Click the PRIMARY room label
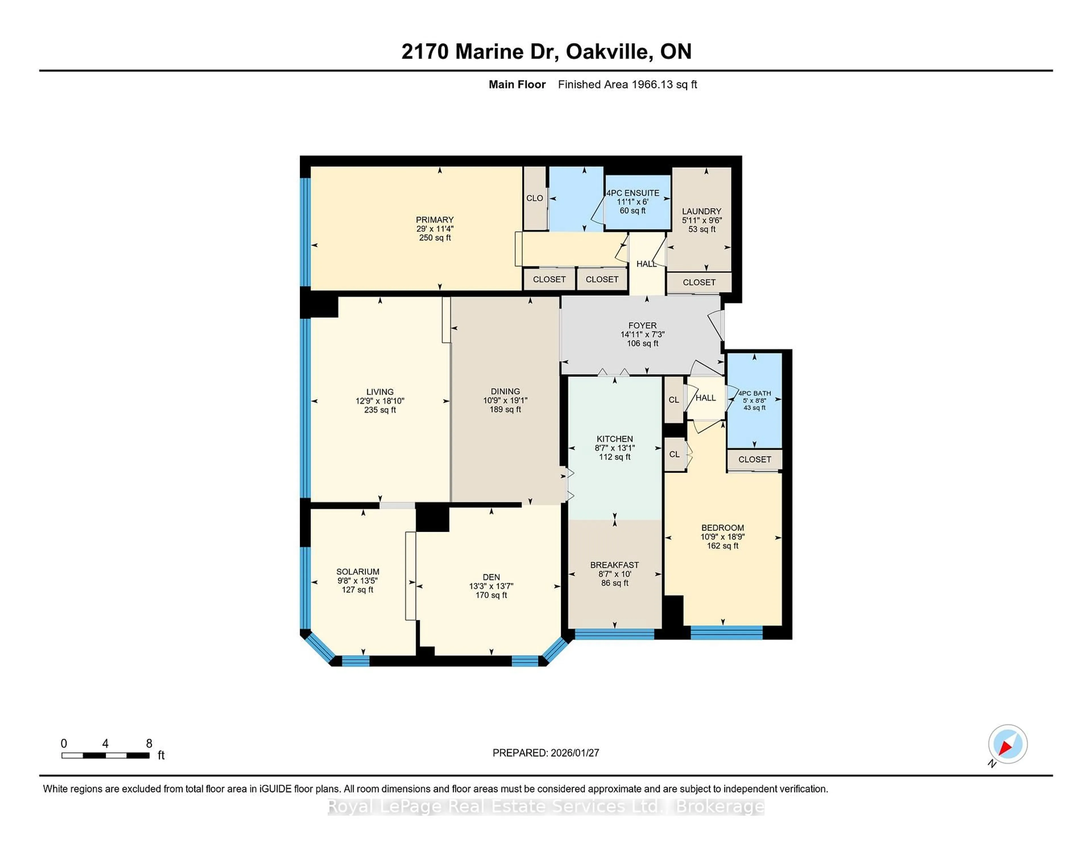pyautogui.click(x=435, y=220)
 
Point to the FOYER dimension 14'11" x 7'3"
pyautogui.click(x=642, y=334)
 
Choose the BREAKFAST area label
pyautogui.click(x=615, y=565)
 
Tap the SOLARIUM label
pyautogui.click(x=357, y=572)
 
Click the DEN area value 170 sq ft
pyautogui.click(x=491, y=595)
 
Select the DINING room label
pyautogui.click(x=505, y=392)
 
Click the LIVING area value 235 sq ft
pyautogui.click(x=380, y=410)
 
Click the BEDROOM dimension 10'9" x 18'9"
pyautogui.click(x=723, y=537)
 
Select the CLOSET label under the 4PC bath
pyautogui.click(x=754, y=460)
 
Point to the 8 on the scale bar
pyautogui.click(x=149, y=744)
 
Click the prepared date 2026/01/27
pyautogui.click(x=574, y=753)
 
